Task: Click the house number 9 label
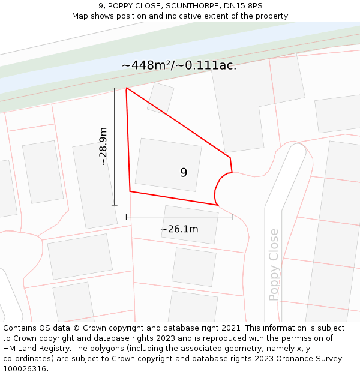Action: [184, 173]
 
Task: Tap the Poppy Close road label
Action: [274, 265]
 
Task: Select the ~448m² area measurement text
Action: [179, 65]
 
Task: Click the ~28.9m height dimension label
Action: [103, 146]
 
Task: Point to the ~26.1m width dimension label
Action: [179, 229]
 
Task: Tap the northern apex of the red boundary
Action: [127, 88]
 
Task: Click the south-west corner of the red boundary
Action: [130, 191]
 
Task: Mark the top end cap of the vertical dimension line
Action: [115, 88]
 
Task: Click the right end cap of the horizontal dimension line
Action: [232, 216]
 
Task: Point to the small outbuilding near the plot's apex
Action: [161, 98]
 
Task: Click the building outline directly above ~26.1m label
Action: [190, 224]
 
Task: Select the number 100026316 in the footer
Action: [23, 369]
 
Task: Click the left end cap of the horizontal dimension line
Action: [127, 216]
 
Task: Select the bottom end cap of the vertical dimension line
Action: [115, 205]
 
